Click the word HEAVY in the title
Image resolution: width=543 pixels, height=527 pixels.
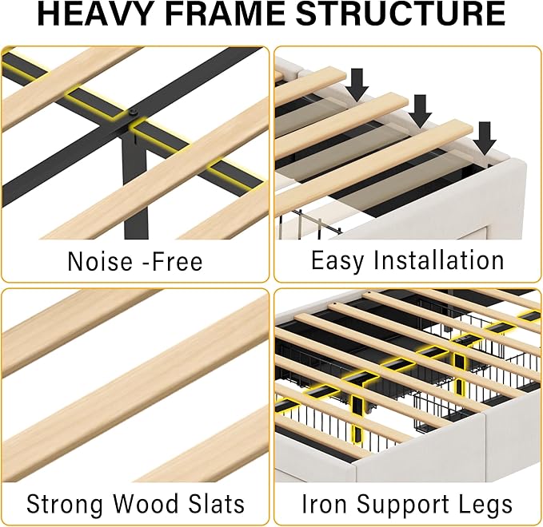(94, 14)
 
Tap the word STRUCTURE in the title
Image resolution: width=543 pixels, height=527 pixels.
(401, 14)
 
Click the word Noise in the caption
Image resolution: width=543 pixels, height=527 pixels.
(100, 261)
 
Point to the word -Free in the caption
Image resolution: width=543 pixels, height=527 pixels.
(173, 261)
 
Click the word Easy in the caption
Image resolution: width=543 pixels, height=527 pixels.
(337, 261)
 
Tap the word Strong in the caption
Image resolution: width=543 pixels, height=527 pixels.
(65, 504)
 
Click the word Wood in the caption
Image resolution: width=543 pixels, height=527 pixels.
(146, 504)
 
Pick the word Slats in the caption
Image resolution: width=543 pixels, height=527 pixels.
(217, 504)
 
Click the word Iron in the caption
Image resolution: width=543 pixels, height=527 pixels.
(324, 504)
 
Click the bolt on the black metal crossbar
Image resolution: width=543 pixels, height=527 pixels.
(134, 112)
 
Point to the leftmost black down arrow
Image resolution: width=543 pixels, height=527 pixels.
(357, 85)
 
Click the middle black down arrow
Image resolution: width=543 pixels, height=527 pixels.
(420, 111)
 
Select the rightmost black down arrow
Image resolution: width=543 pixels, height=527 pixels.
(485, 138)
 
